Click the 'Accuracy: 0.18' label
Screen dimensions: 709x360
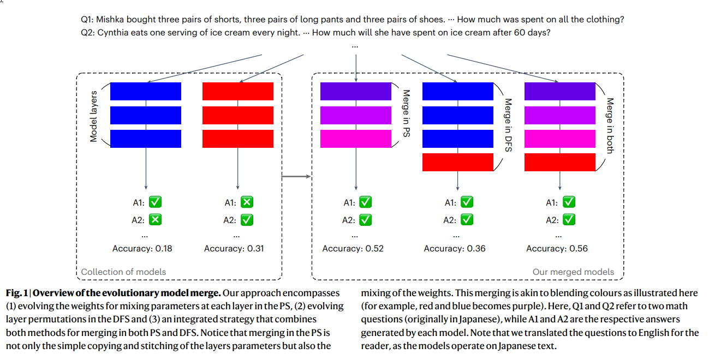pos(142,249)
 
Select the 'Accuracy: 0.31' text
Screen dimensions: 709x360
pos(234,249)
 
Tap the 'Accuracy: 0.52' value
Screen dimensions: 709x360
pos(353,249)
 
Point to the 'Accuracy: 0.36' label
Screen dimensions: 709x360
pos(455,249)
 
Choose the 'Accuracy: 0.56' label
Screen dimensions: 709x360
pos(557,249)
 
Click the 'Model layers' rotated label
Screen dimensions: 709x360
pos(93,116)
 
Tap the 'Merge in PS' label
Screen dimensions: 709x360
pos(407,113)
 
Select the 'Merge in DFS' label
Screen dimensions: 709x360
pos(508,125)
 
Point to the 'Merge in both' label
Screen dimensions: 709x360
pos(610,125)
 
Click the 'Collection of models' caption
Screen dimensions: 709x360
pos(123,272)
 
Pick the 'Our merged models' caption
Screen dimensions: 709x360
pos(573,272)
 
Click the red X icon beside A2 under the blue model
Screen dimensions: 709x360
pos(155,219)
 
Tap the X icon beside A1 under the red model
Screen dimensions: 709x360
pos(247,202)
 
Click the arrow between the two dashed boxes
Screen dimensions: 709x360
pos(296,176)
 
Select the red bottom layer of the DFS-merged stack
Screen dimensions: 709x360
pos(458,163)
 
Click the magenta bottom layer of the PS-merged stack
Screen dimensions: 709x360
pos(356,139)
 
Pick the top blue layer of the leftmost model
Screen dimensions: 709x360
pos(146,92)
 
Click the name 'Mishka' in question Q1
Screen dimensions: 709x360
pos(110,20)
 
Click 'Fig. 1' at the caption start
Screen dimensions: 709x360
pos(17,293)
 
